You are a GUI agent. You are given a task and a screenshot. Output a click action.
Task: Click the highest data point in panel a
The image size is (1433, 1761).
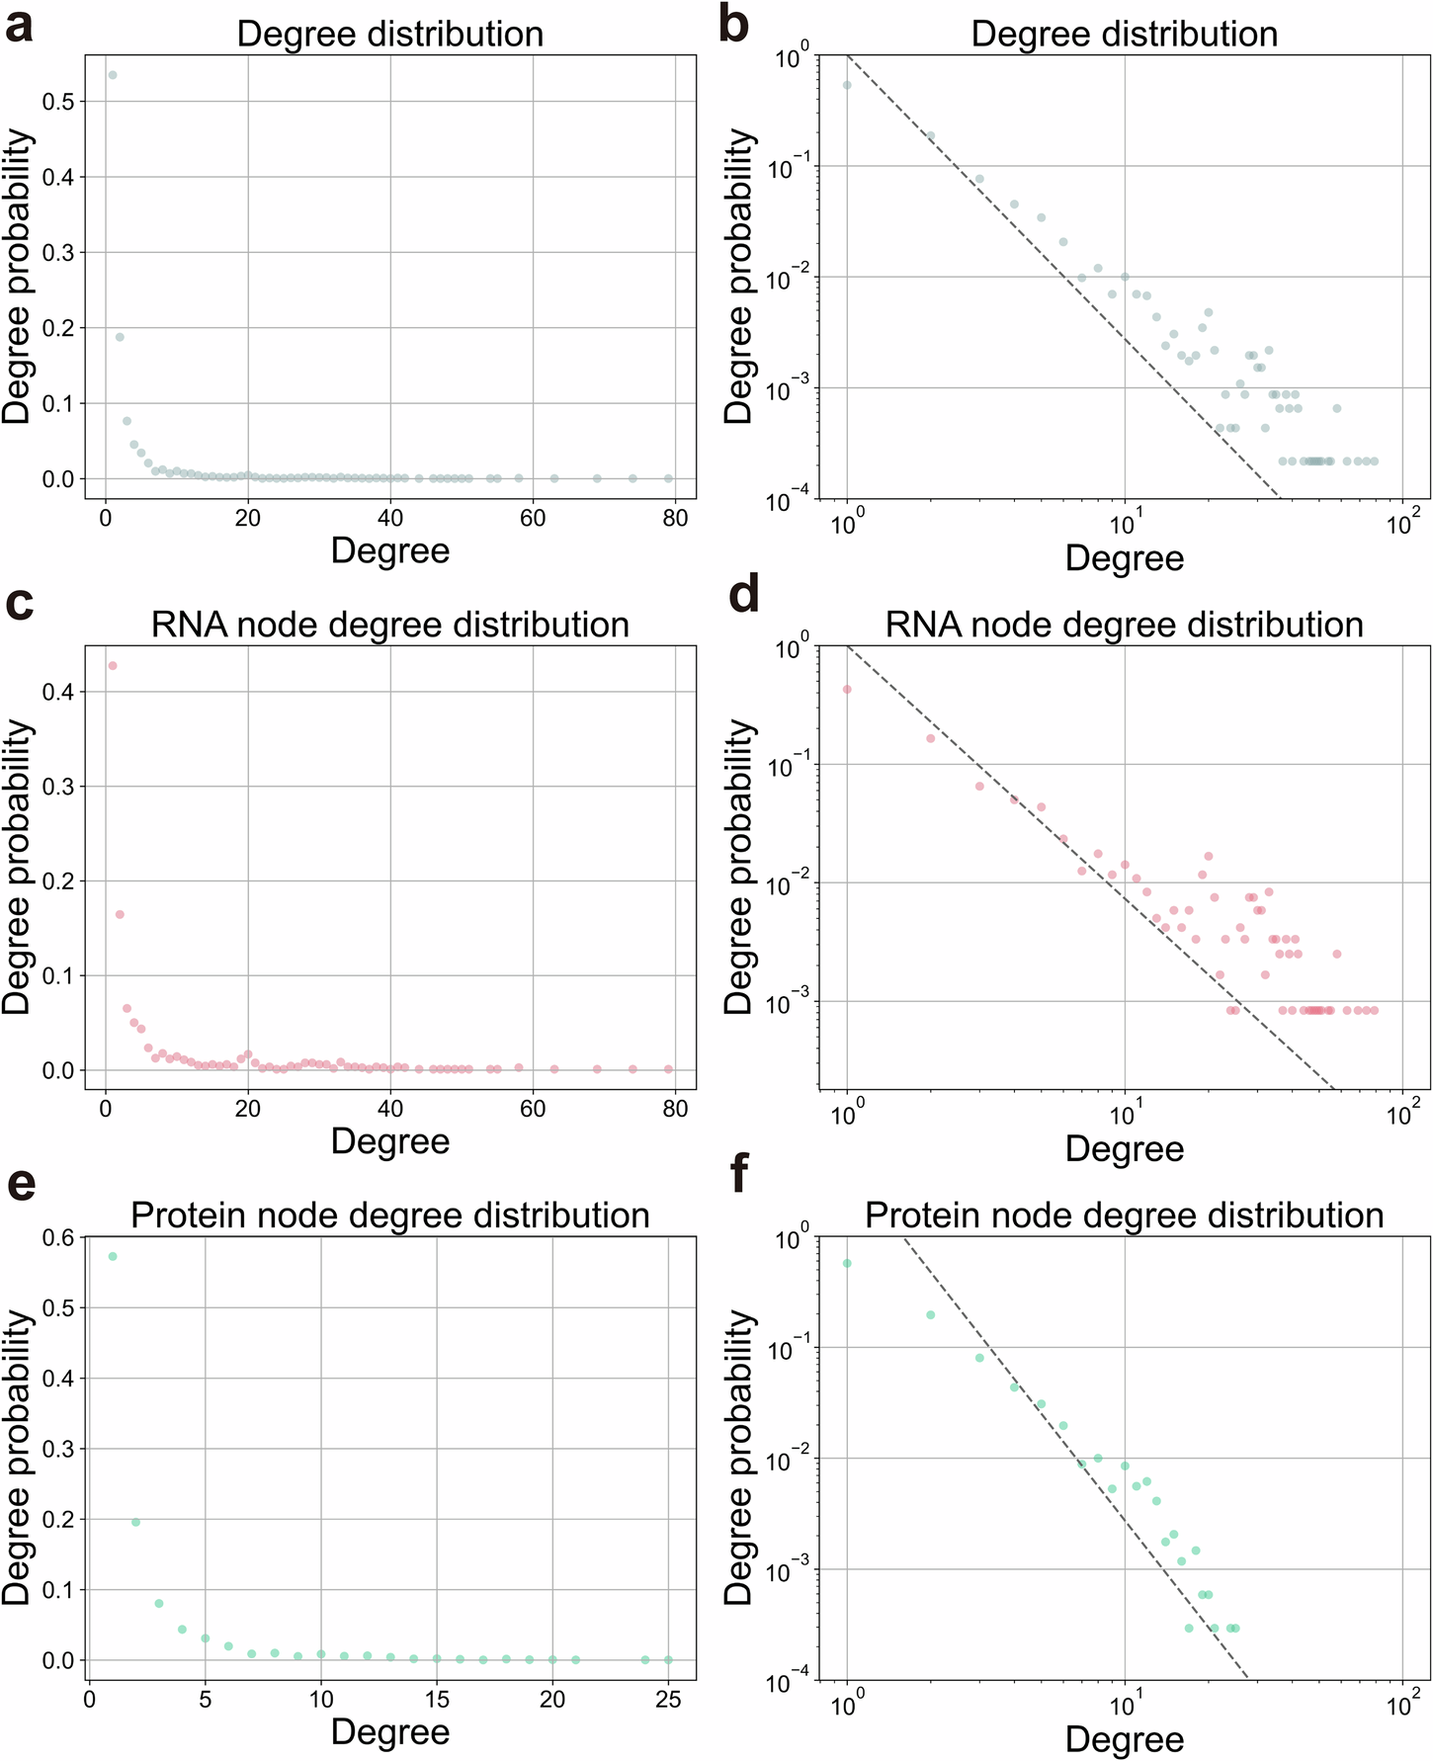coord(113,75)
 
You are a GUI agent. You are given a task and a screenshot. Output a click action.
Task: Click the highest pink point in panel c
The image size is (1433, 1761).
coord(113,665)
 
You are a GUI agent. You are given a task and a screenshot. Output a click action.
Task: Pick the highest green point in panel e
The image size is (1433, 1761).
coord(113,1256)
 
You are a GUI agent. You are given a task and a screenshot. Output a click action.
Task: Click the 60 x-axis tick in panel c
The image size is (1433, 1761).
coord(533,1109)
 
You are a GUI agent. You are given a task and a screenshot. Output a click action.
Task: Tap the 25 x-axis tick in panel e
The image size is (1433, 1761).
coord(668,1700)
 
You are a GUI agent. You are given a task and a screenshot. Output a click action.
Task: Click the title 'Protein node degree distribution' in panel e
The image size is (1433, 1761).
coord(390,1216)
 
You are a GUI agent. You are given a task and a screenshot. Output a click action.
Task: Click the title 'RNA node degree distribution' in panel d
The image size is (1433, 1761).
coord(1124,625)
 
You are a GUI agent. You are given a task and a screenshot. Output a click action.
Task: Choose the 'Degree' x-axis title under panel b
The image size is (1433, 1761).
coord(1124,558)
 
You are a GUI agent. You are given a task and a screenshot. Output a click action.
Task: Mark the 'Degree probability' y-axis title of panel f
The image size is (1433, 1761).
coord(739,1458)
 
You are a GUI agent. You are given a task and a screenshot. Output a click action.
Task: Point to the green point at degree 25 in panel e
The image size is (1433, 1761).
coord(668,1660)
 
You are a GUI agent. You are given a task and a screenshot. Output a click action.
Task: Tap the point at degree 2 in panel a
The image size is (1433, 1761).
coord(120,337)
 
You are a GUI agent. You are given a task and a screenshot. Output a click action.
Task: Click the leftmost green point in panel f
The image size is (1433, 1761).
coord(847,1263)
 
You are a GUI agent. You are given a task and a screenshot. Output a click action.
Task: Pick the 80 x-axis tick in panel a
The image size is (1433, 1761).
coord(675,519)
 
